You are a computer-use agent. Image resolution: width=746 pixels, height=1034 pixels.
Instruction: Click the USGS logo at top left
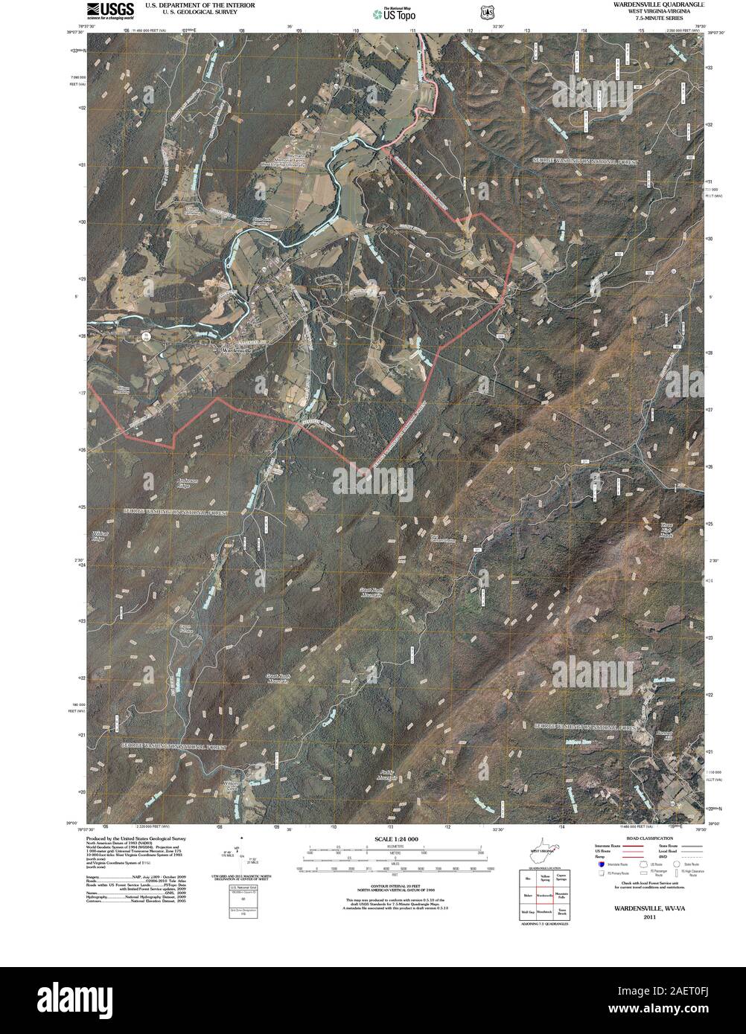click(x=109, y=10)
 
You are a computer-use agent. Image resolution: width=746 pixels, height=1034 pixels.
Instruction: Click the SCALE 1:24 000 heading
click(x=392, y=839)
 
